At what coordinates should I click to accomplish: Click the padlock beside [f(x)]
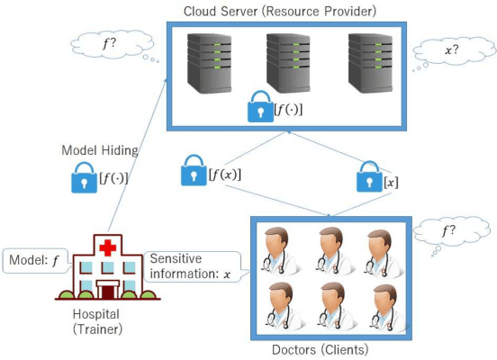(x=193, y=170)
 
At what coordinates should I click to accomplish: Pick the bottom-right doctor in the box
(x=382, y=306)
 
